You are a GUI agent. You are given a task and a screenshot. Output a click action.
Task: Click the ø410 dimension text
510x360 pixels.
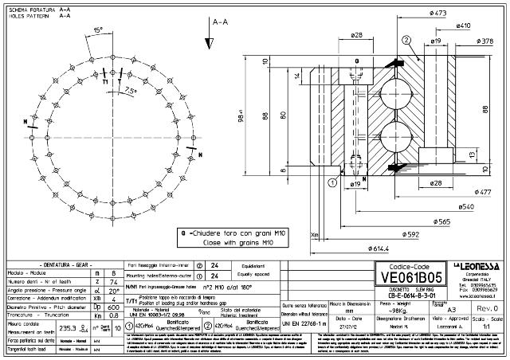(462, 25)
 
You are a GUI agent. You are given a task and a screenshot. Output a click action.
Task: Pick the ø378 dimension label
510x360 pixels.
(488, 39)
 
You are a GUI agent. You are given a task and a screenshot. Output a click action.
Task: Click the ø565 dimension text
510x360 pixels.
(443, 221)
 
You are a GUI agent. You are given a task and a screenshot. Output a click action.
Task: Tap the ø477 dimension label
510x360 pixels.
(481, 192)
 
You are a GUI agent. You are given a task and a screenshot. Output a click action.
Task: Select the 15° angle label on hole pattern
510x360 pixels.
(97, 29)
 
